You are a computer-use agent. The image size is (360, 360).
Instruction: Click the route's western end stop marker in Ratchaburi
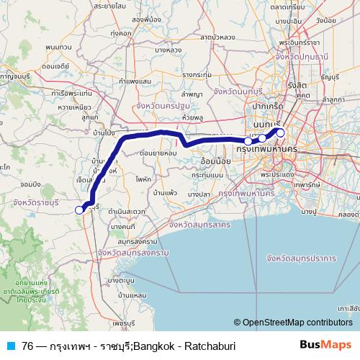(79, 210)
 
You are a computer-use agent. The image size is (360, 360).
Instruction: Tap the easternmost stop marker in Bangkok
(280, 132)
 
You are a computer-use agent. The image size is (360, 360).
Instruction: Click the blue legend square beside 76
(10, 346)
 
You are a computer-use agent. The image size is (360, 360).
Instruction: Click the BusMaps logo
(330, 345)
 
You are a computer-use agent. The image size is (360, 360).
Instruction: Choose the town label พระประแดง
(277, 174)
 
